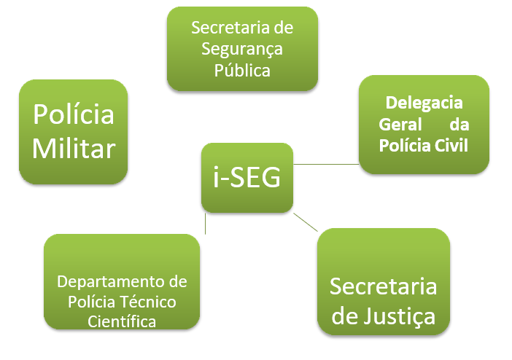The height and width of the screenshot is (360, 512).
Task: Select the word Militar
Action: pos(74,149)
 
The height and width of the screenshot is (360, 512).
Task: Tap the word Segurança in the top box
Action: pos(242,49)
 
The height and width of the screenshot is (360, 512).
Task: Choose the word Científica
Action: pos(121,321)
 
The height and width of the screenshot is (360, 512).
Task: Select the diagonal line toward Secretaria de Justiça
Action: pos(306,221)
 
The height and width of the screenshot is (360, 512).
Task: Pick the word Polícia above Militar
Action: pos(74,115)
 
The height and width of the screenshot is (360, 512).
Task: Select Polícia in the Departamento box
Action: pos(90,301)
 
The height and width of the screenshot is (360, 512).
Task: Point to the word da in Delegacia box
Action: pos(458,124)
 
